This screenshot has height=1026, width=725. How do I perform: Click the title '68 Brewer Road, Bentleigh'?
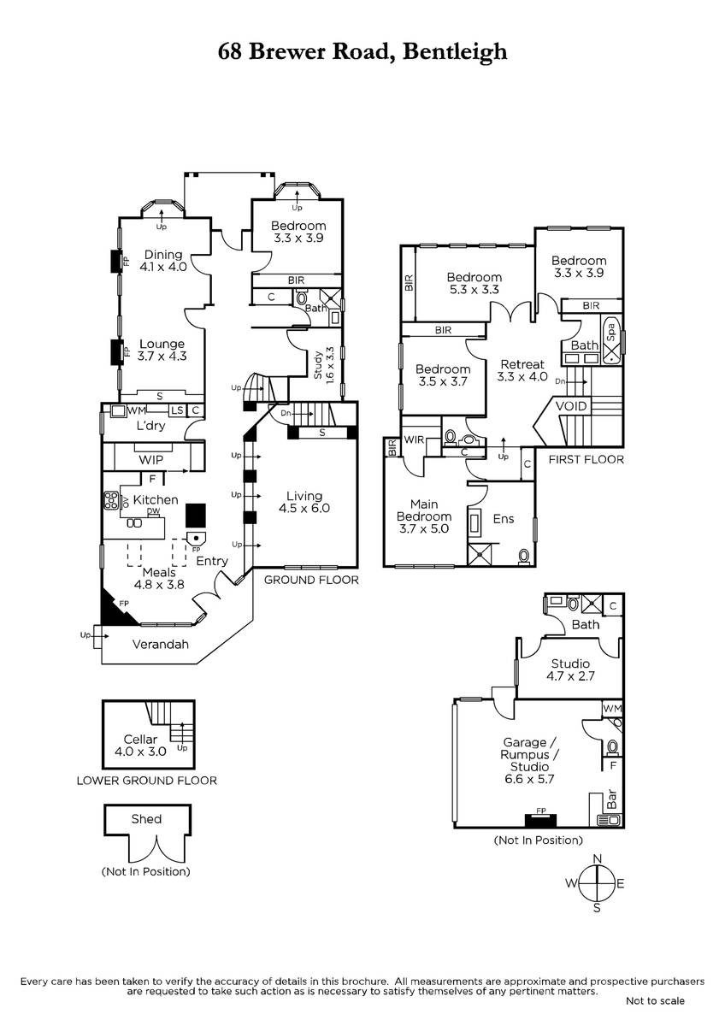pos(362,52)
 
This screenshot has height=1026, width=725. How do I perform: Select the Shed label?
pos(146,819)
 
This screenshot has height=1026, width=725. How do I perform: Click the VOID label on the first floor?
pos(571,406)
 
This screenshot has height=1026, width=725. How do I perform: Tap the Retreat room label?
pos(522,364)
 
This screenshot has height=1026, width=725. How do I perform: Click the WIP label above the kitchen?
pos(151,460)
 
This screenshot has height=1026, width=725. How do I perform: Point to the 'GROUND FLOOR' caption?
pos(310,580)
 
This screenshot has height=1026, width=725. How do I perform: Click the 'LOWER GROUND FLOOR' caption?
pos(146,781)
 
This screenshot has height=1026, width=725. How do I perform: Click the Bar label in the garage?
pos(611,802)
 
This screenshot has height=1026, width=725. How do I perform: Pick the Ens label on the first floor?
pos(504,518)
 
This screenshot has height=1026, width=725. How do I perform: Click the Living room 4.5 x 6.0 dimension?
pos(304,508)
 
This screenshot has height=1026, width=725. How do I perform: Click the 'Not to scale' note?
pos(655,1000)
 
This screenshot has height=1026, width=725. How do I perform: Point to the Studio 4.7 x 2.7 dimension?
pos(570,675)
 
